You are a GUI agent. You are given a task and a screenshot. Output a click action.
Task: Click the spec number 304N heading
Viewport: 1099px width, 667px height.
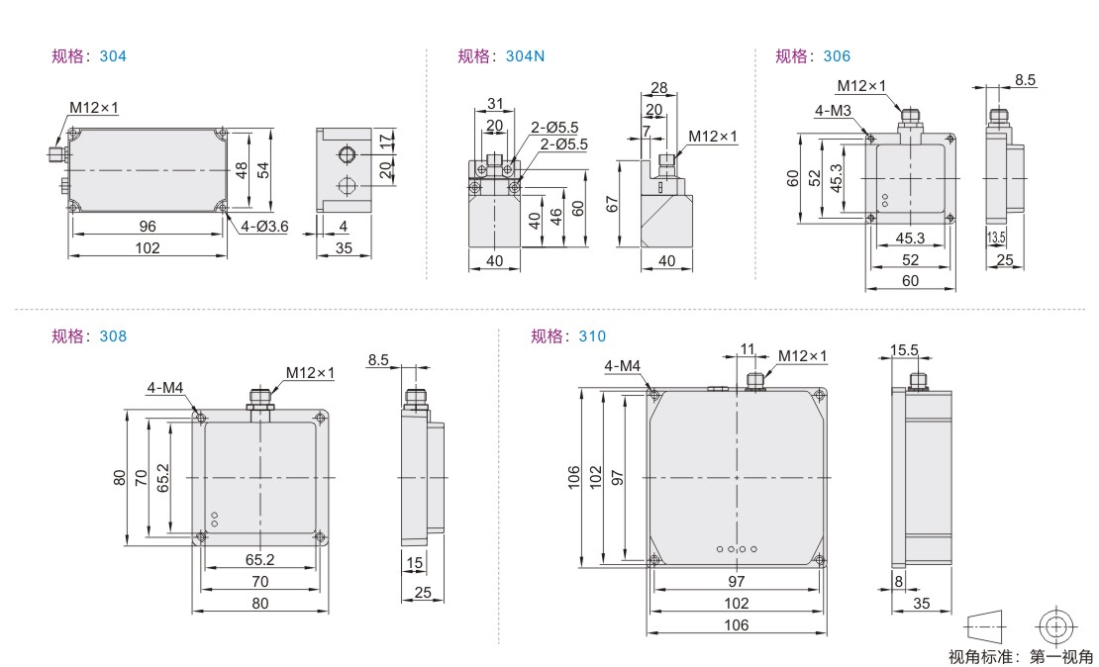(x=525, y=56)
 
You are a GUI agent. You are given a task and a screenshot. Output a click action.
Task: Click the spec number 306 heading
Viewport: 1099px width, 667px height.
(x=837, y=56)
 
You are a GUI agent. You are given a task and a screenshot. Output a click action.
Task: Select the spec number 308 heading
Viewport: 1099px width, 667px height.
(x=113, y=336)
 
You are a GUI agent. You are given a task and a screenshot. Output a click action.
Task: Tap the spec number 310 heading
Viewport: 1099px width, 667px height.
(x=592, y=336)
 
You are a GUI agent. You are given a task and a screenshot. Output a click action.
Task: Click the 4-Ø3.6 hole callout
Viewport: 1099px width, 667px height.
(x=264, y=227)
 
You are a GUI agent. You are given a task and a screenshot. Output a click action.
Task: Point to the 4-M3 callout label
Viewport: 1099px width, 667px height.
(x=833, y=110)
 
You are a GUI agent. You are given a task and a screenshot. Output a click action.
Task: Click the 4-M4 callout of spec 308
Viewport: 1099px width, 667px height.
(x=165, y=388)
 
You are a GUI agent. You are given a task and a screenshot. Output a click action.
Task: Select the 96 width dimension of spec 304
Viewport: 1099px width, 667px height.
(x=148, y=227)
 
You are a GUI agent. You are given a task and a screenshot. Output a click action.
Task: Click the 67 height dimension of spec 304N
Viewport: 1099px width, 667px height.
(x=612, y=204)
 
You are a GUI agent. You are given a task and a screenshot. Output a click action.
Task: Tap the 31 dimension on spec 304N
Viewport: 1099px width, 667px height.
(x=495, y=104)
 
